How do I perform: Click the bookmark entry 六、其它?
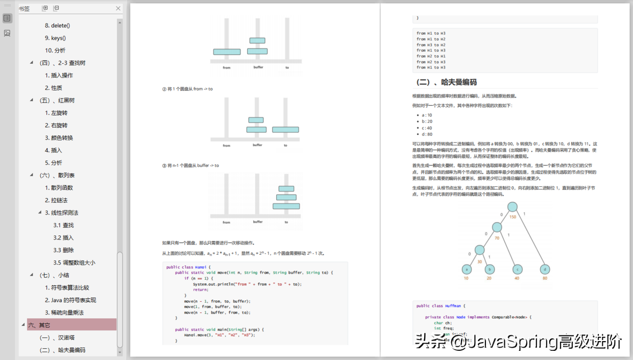click(39, 325)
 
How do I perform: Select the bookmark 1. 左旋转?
click(56, 113)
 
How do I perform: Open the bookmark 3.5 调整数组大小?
click(74, 262)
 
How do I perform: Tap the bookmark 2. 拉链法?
click(56, 200)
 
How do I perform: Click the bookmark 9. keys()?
click(55, 38)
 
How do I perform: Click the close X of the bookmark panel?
click(118, 9)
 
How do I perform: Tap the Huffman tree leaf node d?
click(545, 269)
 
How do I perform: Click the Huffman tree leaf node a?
click(466, 269)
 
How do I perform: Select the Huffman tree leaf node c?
click(517, 269)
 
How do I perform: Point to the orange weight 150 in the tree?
click(513, 217)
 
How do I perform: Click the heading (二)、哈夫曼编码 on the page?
click(446, 82)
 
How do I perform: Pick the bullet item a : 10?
click(426, 115)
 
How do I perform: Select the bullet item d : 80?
click(426, 134)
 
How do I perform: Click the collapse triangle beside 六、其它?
click(23, 325)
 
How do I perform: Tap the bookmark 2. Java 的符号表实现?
click(70, 300)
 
